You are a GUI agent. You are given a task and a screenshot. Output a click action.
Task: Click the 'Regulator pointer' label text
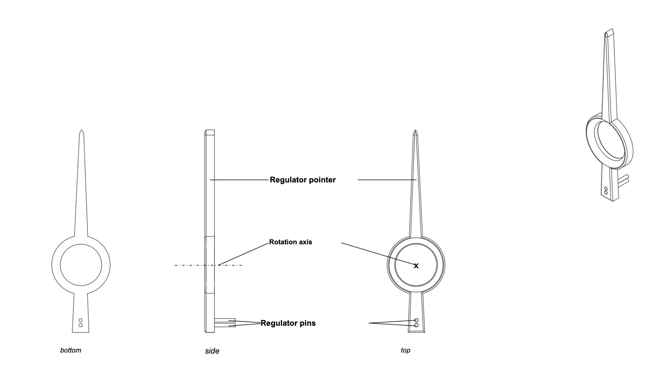tap(302, 180)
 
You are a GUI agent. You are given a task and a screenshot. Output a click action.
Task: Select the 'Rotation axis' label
tap(290, 242)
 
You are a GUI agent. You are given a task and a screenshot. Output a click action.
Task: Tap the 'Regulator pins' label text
tap(288, 323)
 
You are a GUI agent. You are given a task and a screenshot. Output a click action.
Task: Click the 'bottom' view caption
tap(71, 350)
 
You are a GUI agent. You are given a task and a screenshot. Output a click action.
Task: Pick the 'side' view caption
tap(212, 351)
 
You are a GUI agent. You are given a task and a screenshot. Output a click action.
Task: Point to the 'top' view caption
tap(406, 350)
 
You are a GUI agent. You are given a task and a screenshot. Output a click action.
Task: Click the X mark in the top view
tap(416, 266)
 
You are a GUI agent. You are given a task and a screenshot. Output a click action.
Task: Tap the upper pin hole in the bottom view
tap(80, 320)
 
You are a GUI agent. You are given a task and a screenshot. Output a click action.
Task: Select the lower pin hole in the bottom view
tap(80, 325)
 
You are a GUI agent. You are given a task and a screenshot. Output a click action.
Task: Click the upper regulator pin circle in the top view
tap(416, 320)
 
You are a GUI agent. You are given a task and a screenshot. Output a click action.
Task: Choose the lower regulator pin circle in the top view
tap(416, 325)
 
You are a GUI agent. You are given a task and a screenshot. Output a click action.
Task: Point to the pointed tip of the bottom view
tap(81, 130)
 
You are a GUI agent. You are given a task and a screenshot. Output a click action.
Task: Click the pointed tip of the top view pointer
tap(415, 130)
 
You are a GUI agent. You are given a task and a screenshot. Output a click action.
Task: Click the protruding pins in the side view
tap(225, 323)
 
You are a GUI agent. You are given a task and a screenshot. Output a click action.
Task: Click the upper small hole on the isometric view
tap(606, 189)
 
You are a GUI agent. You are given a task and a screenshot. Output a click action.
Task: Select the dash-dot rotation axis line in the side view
tap(208, 265)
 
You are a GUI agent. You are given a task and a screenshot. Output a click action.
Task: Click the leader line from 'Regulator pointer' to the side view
tap(239, 180)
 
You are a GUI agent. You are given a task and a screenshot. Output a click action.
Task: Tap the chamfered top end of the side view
tap(210, 133)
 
